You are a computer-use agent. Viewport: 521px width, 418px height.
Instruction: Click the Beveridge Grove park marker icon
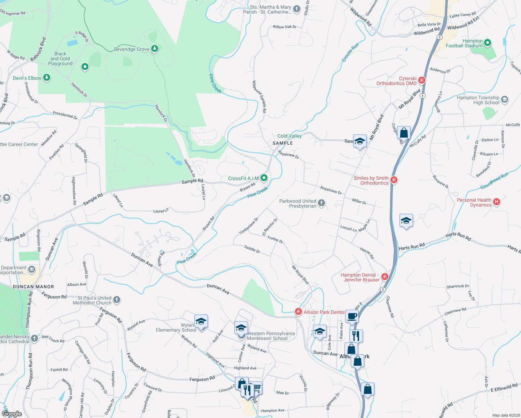pos(155,49)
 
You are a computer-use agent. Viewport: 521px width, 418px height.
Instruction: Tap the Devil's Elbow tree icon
pos(47,78)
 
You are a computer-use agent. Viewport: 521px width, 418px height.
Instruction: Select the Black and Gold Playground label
pos(60,59)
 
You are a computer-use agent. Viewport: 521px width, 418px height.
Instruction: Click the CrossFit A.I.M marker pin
pos(264,178)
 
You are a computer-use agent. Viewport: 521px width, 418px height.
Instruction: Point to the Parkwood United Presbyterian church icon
pos(321,203)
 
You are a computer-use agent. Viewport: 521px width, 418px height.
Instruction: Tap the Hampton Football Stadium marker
pos(488,43)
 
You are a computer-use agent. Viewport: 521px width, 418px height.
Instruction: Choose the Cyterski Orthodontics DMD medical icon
pos(422,80)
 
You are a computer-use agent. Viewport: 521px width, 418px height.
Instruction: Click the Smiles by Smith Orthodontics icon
pos(394,180)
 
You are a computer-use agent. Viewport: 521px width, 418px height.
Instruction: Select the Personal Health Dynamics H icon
pos(497,202)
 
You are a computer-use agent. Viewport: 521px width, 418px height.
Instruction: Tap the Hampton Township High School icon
pos(505,100)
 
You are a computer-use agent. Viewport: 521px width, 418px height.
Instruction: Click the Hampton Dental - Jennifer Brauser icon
pos(385,277)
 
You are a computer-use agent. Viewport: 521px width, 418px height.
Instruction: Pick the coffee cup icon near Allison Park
pos(352,317)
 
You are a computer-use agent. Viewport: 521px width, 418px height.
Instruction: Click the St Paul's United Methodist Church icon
pos(117,300)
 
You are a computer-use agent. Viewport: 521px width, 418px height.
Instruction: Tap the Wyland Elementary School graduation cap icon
pos(201,322)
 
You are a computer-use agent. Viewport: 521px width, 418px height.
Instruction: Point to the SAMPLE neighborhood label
pos(282,143)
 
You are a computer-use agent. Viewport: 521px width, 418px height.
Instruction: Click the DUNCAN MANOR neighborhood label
pos(33,287)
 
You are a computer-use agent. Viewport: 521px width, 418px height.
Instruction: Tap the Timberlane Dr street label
pos(249,226)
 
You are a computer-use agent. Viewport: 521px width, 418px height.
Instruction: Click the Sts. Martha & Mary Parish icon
pos(297,9)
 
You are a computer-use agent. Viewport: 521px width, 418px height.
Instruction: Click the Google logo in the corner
pos(12,413)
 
